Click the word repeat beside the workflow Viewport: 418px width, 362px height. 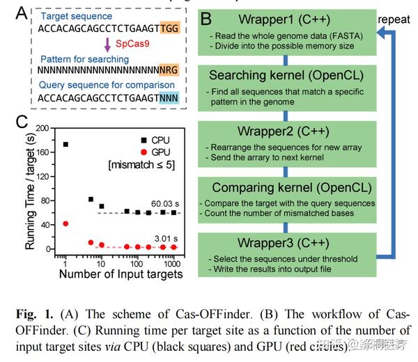click(395, 19)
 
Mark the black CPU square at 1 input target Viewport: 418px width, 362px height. click(65, 145)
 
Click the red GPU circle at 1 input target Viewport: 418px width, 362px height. click(65, 223)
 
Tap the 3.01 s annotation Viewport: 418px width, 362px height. click(164, 237)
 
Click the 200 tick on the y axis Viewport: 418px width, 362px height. click(45, 129)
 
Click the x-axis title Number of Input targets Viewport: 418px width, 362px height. click(121, 274)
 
